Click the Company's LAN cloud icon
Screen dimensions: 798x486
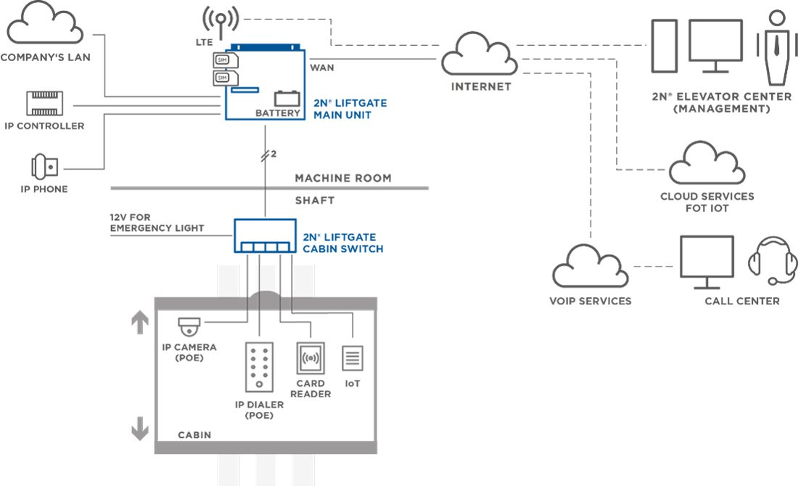pos(45,23)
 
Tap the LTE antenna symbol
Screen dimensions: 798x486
pos(221,21)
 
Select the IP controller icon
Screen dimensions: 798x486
pos(45,103)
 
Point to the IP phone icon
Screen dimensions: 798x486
pos(44,166)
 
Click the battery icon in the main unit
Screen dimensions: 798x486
pos(287,98)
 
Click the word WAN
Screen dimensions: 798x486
pos(322,68)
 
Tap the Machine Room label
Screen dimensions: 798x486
pos(343,178)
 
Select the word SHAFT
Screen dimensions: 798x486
pos(315,201)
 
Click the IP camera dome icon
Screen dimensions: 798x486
pos(189,327)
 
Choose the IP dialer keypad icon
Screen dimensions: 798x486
pos(259,367)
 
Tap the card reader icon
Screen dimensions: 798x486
pos(310,358)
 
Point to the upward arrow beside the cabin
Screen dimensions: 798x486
pos(140,323)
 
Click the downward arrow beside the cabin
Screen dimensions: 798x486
pos(140,429)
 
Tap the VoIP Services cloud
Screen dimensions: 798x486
pos(591,266)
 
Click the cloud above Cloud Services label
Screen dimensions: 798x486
pos(707,163)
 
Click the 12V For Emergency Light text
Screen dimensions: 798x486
pos(157,222)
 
